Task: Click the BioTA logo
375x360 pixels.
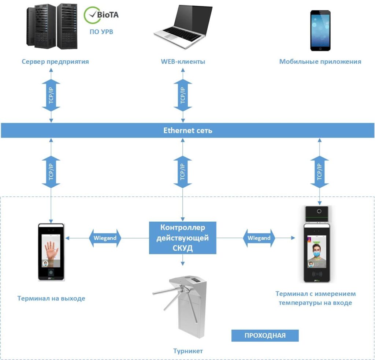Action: (101, 15)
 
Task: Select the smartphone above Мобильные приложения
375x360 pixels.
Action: (320, 30)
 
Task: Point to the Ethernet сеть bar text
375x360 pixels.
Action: (187, 131)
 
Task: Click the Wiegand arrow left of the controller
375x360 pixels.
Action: (105, 238)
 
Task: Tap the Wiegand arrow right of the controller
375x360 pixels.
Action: (259, 238)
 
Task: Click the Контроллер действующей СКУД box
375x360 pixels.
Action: (182, 238)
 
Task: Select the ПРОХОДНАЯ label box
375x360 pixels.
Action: (265, 335)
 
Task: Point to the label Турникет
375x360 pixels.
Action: (188, 351)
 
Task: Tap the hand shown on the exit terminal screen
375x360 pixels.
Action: (51, 250)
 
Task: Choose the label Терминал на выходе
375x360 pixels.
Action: (51, 299)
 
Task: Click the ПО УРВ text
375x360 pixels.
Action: (101, 32)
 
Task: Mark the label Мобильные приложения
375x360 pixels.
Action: (320, 61)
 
